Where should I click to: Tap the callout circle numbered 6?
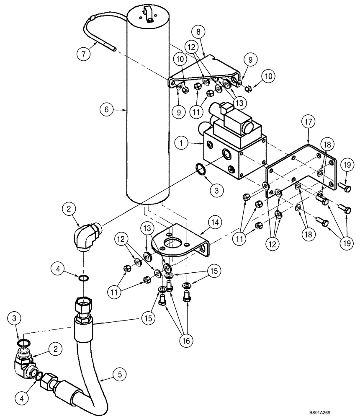tap(107, 110)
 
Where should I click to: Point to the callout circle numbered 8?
tap(198, 32)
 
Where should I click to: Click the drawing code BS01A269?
tap(338, 412)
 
